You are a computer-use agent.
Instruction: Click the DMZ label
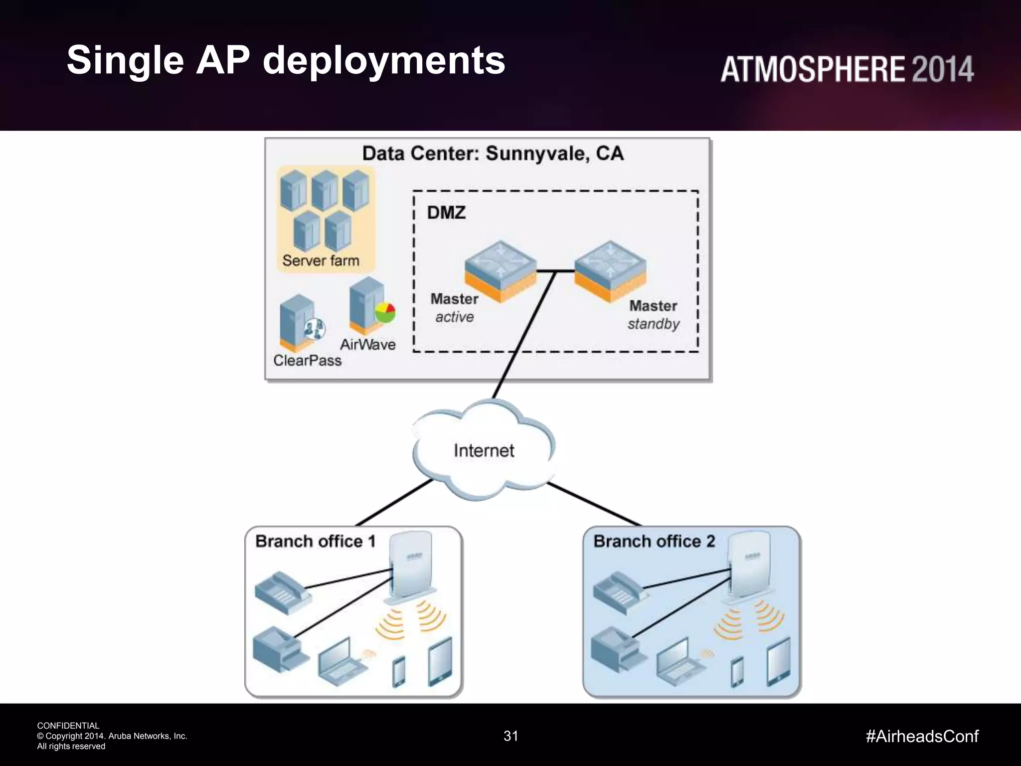pos(446,213)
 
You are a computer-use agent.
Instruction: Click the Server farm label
pos(321,260)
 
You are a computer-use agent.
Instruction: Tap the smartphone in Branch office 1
pos(399,671)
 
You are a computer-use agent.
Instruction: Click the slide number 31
pos(511,736)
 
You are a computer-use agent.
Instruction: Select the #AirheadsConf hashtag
pos(922,736)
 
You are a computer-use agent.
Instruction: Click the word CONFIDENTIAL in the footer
pos(68,726)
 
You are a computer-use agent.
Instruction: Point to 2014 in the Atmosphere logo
pos(943,69)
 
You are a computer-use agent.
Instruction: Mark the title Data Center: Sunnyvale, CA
pos(493,154)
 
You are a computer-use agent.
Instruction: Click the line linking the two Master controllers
pos(556,271)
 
